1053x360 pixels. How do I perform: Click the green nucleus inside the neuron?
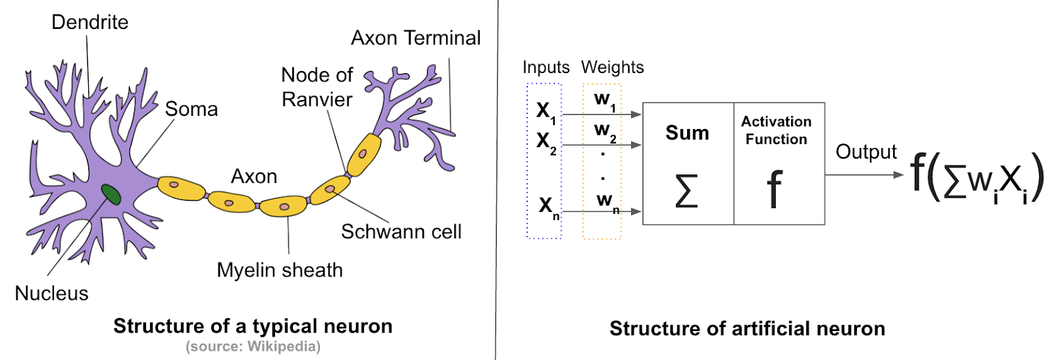(111, 194)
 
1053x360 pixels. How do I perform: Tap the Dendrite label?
(90, 22)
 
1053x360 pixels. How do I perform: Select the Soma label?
(191, 109)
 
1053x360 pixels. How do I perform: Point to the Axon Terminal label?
(415, 38)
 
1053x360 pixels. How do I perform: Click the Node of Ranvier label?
(317, 88)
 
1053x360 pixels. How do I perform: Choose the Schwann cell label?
(401, 232)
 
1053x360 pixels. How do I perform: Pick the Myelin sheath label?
(280, 270)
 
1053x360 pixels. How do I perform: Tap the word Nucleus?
(51, 294)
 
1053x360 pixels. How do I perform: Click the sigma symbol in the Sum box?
(686, 191)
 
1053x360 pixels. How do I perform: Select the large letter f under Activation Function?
(775, 190)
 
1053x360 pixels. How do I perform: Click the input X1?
(546, 111)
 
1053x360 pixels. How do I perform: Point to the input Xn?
(548, 207)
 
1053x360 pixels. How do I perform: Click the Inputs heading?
(546, 67)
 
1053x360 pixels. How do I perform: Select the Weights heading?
(612, 67)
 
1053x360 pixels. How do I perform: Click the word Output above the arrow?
(865, 152)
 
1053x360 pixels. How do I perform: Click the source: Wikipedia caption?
(253, 346)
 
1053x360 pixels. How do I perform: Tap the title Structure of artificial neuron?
(747, 328)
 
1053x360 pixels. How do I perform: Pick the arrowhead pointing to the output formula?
(898, 175)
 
